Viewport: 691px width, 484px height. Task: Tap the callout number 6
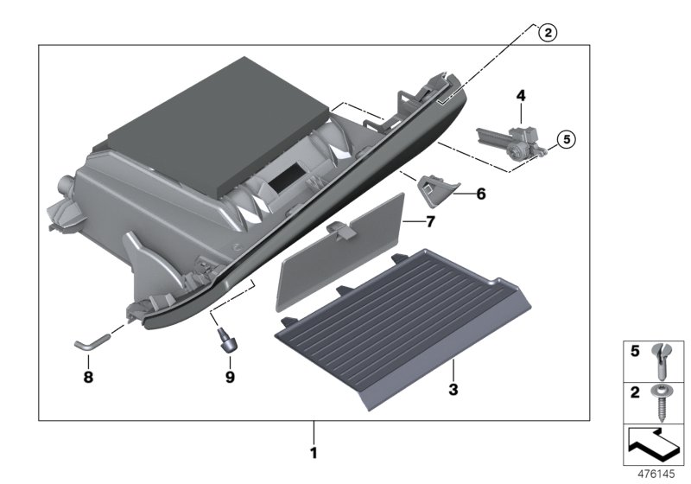tap(480, 195)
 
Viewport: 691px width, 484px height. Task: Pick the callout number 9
tap(229, 377)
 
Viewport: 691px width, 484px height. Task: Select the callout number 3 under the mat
tap(452, 390)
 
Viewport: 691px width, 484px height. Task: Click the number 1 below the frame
tap(314, 452)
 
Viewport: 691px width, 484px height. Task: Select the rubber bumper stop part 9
tap(227, 339)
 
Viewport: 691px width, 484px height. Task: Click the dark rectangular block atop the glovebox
tap(216, 121)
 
